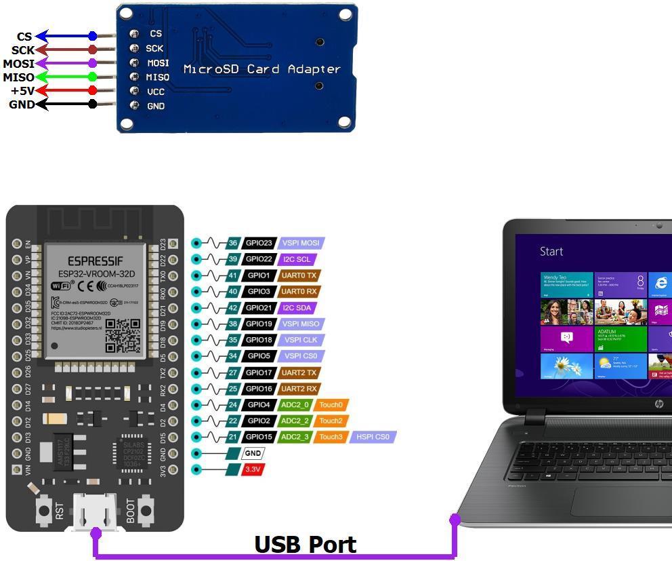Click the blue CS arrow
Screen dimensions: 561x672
coord(65,36)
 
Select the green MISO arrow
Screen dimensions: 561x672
coord(65,77)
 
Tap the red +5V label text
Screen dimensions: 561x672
coord(22,91)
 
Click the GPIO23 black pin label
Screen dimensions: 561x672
coord(258,243)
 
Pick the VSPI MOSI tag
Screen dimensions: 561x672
coord(301,243)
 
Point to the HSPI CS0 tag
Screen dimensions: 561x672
coord(373,437)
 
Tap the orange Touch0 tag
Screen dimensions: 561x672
coord(331,405)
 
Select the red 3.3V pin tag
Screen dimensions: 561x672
coord(253,469)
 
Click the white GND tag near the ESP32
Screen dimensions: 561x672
coord(253,453)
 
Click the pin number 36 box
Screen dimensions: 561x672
coord(233,243)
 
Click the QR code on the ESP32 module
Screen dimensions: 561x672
coord(123,335)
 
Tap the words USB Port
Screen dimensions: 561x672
coord(305,544)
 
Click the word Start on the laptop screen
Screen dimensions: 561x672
coord(551,252)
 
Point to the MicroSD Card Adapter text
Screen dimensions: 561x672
coord(261,69)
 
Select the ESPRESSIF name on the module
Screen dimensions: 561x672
coord(96,260)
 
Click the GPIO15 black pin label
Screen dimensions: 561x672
coord(258,437)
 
